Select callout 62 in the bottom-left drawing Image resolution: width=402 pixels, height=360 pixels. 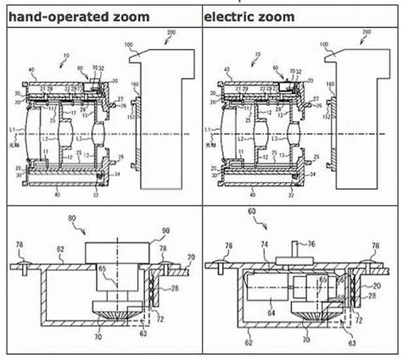tap(59, 251)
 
